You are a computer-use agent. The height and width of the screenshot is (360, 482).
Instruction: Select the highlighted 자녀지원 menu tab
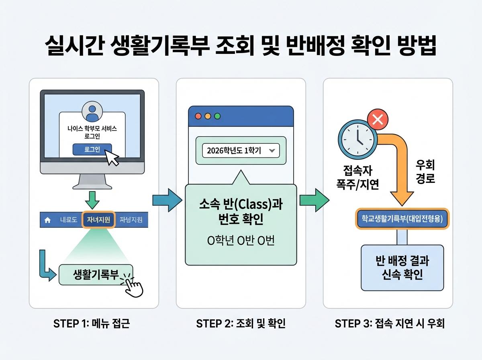98,220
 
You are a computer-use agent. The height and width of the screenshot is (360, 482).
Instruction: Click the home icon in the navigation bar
47,220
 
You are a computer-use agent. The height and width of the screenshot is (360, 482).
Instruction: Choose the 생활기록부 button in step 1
96,274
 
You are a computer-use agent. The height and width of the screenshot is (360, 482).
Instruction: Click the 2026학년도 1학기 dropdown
240,151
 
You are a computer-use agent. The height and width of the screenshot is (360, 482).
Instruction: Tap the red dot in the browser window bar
198,116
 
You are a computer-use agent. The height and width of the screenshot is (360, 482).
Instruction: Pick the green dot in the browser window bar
218,116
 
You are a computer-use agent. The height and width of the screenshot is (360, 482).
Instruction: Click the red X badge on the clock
378,119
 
